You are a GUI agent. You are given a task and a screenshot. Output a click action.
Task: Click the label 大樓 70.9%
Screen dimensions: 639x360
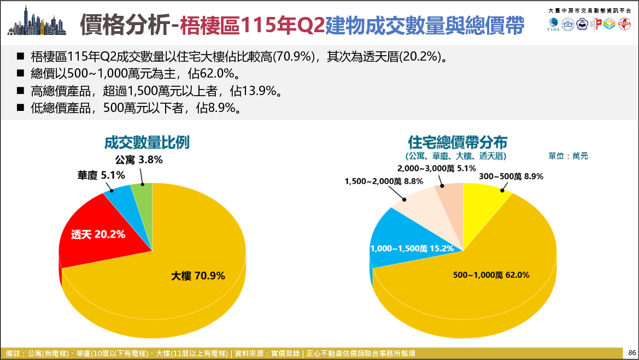(198, 276)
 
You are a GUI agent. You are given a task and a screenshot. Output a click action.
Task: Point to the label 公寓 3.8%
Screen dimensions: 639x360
(138, 160)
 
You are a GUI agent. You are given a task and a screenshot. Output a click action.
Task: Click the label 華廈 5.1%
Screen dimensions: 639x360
(101, 175)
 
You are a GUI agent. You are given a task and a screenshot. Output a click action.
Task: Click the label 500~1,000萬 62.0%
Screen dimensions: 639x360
(491, 275)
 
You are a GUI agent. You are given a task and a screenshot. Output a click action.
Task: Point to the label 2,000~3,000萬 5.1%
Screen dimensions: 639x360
(436, 168)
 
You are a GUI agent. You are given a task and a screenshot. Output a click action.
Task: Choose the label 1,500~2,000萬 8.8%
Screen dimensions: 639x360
(384, 181)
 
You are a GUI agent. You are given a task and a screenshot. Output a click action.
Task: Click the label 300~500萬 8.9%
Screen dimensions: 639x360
(511, 176)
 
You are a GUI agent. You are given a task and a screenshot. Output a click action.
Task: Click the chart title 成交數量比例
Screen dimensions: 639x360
(146, 142)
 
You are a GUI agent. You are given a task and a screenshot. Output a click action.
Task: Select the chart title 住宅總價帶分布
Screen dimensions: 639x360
(457, 142)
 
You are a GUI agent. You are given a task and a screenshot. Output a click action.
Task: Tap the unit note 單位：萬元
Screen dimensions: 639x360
(568, 156)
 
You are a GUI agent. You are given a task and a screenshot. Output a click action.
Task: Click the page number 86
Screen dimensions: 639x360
(632, 353)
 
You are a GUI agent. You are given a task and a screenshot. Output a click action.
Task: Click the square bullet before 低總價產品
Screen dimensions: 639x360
(20, 108)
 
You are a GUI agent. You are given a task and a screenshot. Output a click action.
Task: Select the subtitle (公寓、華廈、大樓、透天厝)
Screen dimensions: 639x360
(456, 156)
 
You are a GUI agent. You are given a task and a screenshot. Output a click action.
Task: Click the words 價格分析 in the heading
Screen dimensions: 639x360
(124, 25)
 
